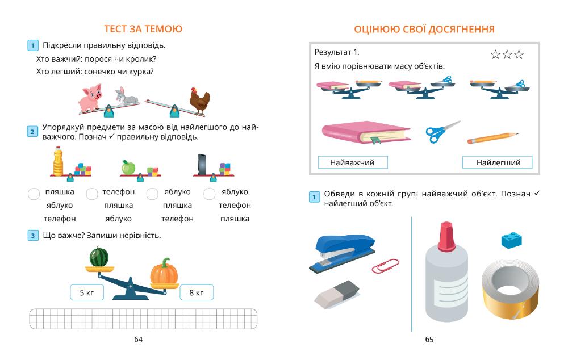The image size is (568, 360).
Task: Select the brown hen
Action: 199,102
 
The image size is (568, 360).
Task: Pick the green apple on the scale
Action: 129,168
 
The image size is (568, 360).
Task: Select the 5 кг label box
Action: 87,292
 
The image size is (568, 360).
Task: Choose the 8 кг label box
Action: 196,292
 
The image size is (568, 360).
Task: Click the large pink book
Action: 365,133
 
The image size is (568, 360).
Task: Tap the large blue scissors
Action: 441,132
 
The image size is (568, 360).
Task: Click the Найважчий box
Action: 352,162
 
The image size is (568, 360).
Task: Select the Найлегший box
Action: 498,162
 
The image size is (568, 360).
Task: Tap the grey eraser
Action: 336,294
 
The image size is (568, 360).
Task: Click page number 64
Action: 138,339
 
